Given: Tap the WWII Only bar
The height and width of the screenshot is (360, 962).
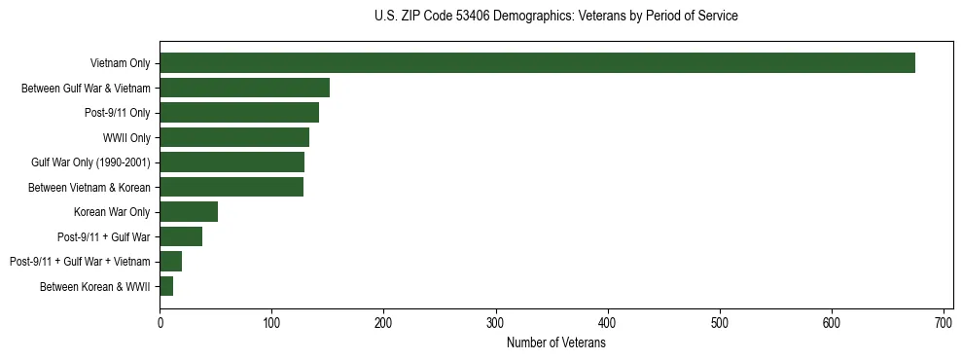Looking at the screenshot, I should pos(234,137).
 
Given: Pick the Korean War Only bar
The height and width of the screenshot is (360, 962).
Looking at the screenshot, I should pos(189,211).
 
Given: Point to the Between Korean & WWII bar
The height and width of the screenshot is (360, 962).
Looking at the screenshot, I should pos(166,286).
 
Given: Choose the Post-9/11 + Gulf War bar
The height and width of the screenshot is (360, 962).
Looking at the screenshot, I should pos(181,236).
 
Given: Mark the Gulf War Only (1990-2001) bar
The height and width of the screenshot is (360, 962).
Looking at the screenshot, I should pos(232,162).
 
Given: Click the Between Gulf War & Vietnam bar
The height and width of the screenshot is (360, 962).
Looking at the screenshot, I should pos(244,88).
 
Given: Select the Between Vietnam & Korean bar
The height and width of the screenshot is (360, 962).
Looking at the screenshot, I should pos(232,187).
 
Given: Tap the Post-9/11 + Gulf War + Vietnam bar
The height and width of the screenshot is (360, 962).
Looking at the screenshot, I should pos(170,261).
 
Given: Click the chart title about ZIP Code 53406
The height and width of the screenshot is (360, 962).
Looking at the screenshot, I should pos(555,17).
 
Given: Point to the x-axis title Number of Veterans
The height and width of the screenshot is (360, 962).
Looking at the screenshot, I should pos(555,343).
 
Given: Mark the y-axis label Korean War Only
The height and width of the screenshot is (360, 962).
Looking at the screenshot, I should pos(112,211).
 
